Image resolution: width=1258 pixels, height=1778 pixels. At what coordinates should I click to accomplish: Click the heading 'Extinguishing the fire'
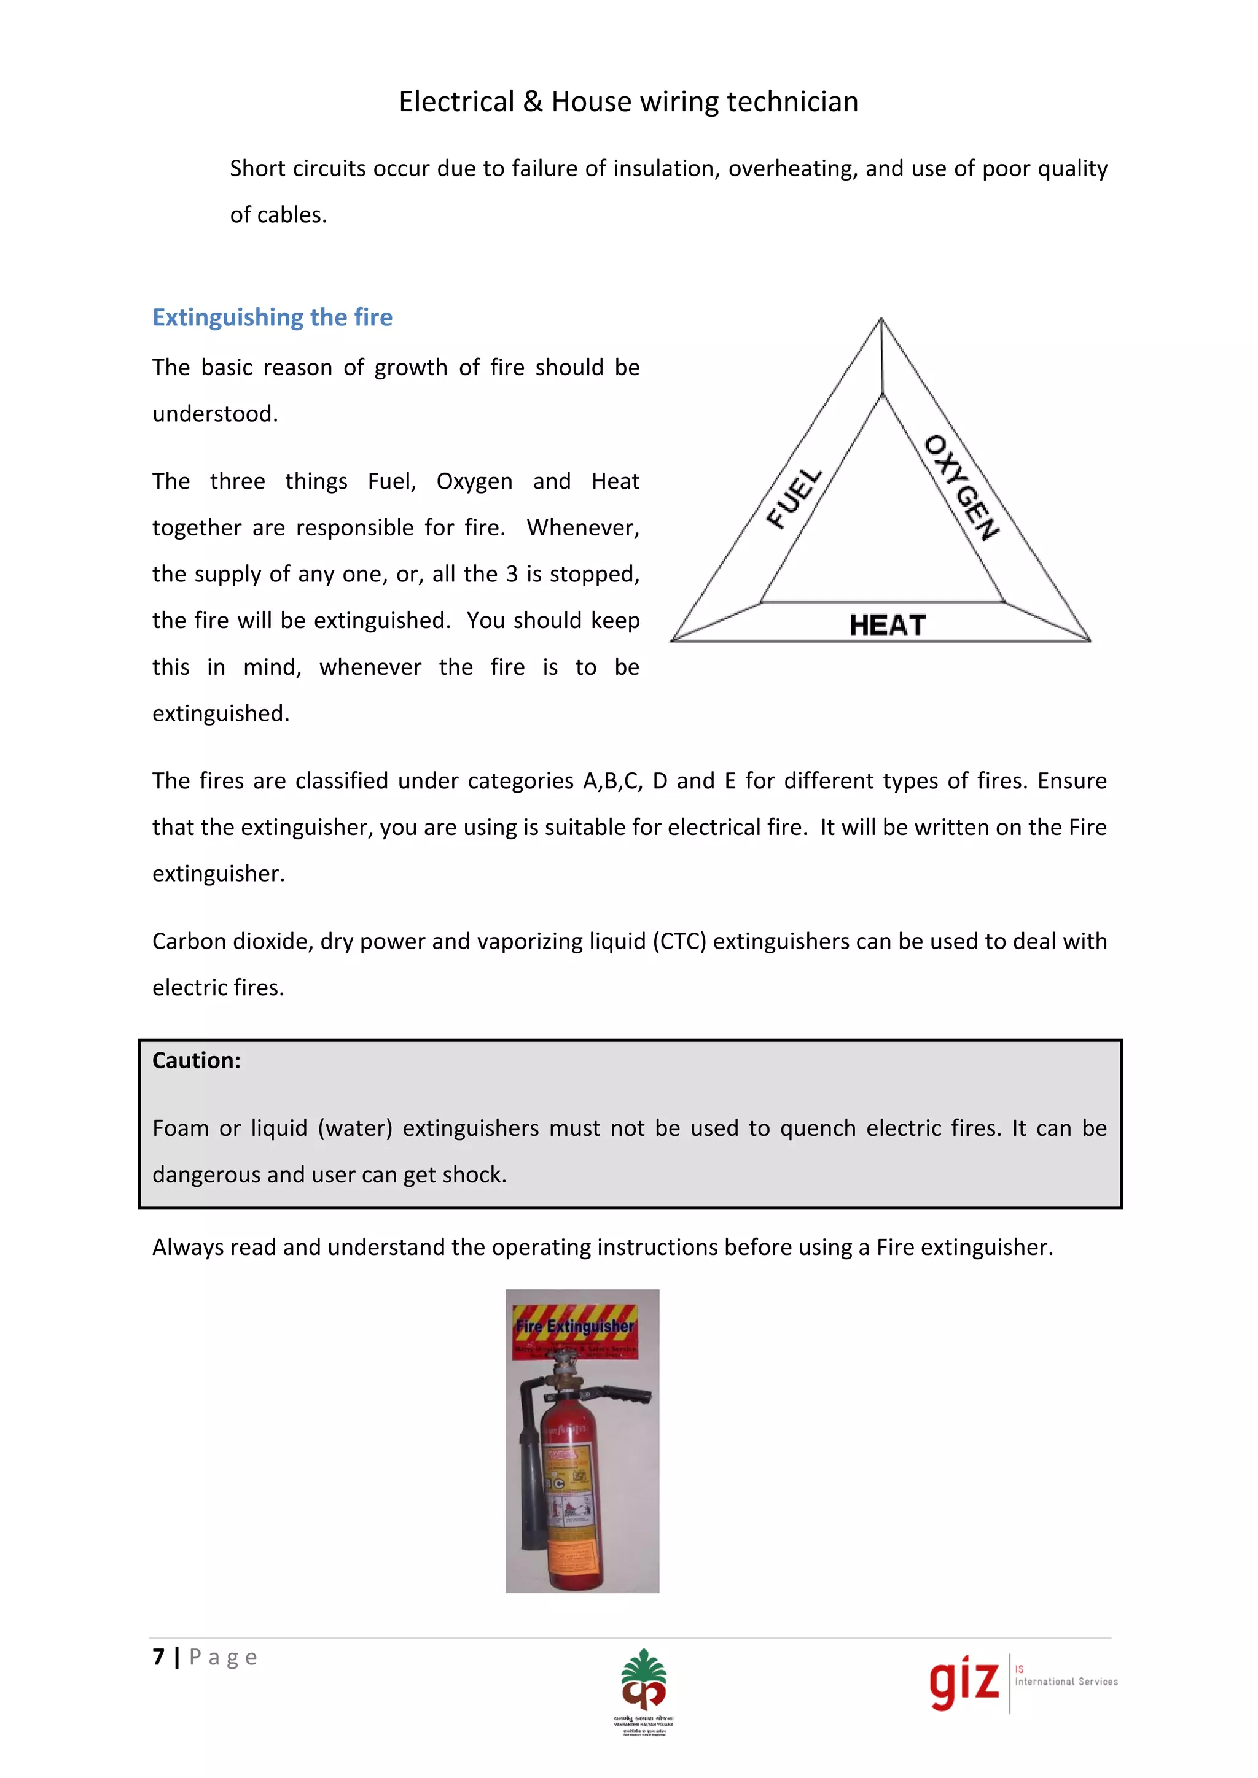[272, 317]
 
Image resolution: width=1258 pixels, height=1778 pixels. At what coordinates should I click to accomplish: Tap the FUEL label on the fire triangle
[794, 498]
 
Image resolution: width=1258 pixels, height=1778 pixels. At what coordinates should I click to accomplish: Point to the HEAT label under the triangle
[888, 625]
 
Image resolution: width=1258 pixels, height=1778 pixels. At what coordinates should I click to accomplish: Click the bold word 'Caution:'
[196, 1060]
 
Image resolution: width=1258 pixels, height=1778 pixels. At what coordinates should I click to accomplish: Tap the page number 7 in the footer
[159, 1656]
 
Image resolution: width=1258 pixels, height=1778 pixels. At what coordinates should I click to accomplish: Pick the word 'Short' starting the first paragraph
[258, 168]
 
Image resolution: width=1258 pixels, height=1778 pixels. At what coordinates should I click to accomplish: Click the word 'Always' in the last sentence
[187, 1247]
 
